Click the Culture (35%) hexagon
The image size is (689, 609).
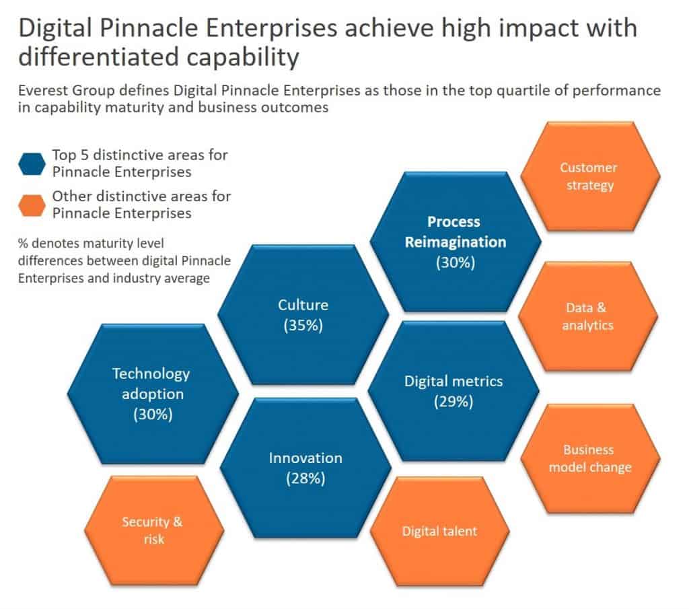coord(303,315)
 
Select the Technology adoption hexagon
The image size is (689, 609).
coord(152,394)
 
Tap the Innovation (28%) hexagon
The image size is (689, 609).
coord(305,468)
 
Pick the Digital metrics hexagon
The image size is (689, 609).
coord(453,391)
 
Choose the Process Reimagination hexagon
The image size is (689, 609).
coord(454,242)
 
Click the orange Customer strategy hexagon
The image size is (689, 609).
coord(590,176)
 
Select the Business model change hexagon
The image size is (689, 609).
coord(590,458)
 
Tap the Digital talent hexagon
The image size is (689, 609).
coord(439,532)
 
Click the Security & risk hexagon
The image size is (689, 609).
coord(153,530)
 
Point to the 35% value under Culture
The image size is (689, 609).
coord(303,326)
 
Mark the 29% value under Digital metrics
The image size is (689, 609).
coord(454,402)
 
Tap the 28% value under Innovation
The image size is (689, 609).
coord(305,479)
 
